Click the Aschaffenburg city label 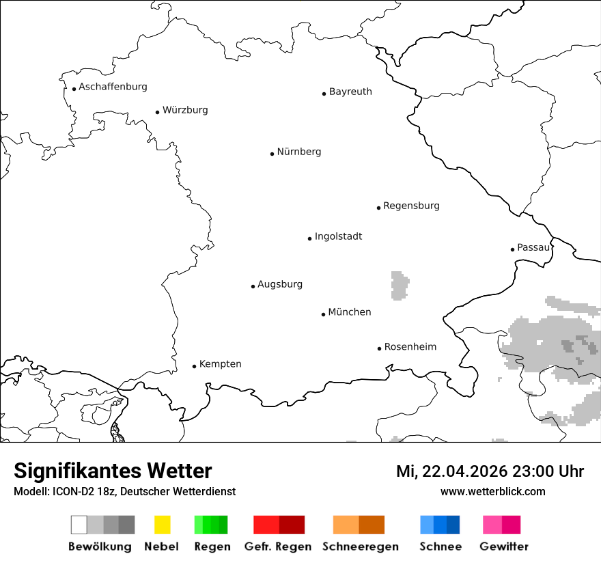113,87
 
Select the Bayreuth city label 350,92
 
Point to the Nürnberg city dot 272,154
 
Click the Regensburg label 411,206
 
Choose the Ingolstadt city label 338,236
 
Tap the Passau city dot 512,249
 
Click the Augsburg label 280,284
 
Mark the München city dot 323,314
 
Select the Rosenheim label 410,346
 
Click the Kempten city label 220,364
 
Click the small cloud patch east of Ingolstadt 400,286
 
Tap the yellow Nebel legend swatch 162,525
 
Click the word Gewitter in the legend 504,547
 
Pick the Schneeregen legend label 361,547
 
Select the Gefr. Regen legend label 278,547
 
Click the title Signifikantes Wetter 113,471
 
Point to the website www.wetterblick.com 492,492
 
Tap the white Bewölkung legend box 79,525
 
